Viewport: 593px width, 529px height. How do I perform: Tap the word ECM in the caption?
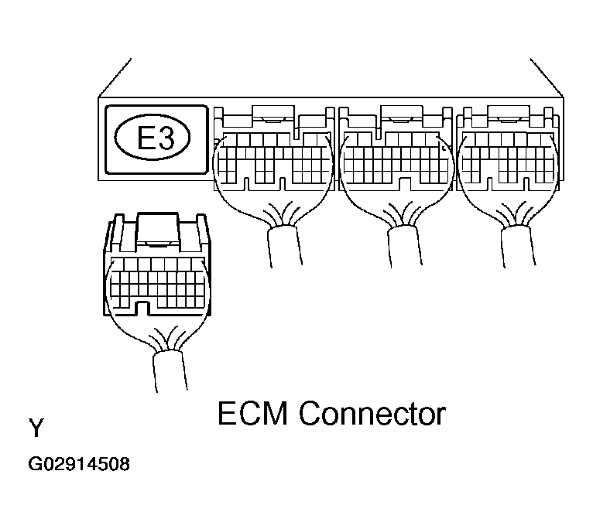(x=253, y=415)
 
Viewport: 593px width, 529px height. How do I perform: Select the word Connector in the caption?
(x=372, y=415)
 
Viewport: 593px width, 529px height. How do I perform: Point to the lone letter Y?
(x=36, y=428)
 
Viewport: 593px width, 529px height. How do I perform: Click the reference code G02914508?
(x=79, y=466)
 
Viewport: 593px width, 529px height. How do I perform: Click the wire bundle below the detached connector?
(x=169, y=370)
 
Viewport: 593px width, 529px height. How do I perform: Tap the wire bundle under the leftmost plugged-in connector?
(x=283, y=244)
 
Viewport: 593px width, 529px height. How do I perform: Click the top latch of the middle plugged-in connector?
(x=396, y=116)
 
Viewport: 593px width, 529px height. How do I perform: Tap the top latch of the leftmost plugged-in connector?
(x=273, y=116)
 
